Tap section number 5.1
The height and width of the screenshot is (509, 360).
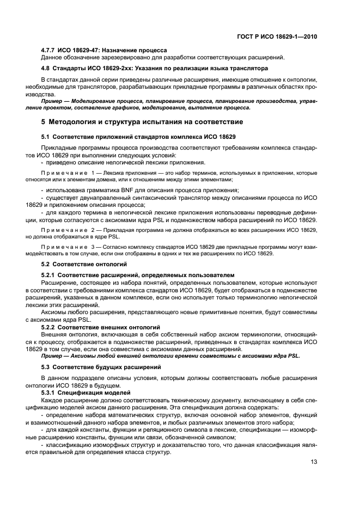[x=46, y=135]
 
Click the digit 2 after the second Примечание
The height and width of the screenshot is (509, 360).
[x=93, y=231]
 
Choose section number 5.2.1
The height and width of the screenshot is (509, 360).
[x=50, y=275]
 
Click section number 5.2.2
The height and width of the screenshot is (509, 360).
[x=50, y=327]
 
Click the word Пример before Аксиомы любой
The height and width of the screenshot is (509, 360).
[x=53, y=355]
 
